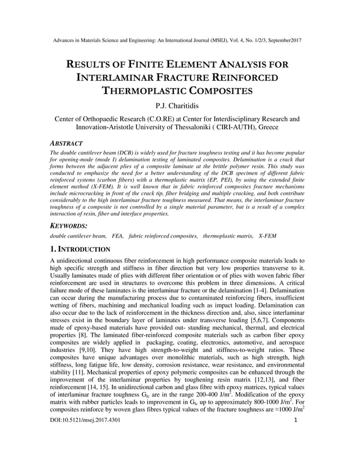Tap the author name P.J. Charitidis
(180, 106)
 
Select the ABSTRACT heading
(67, 144)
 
